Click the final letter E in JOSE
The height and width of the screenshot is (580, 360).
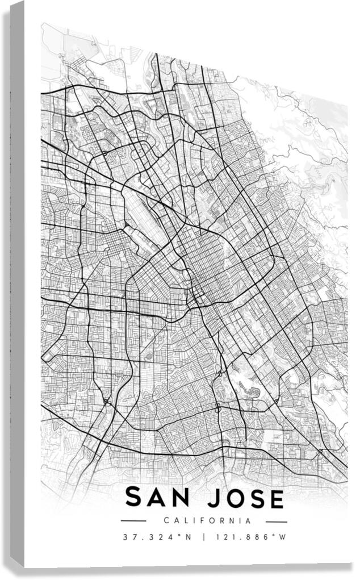pyautogui.click(x=275, y=498)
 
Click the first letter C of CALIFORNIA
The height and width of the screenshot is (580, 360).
pyautogui.click(x=166, y=520)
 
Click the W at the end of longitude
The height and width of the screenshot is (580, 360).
pyautogui.click(x=282, y=537)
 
